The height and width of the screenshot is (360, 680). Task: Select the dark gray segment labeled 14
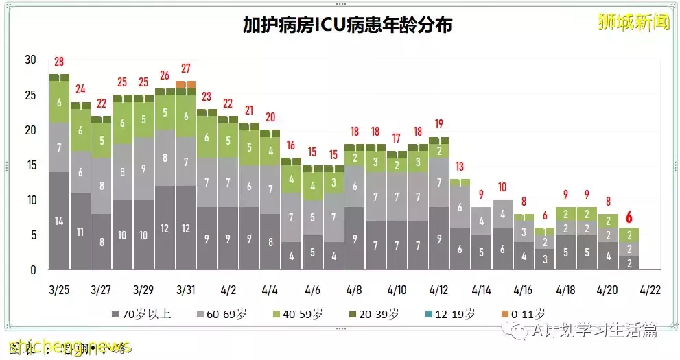pyautogui.click(x=59, y=221)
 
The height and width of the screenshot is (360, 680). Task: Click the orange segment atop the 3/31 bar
pyautogui.click(x=185, y=84)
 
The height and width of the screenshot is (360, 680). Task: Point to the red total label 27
pyautogui.click(x=185, y=69)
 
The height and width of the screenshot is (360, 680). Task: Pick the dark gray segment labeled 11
pyautogui.click(x=80, y=232)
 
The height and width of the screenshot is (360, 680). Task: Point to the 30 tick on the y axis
pyautogui.click(x=30, y=60)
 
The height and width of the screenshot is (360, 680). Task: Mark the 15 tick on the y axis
pyautogui.click(x=30, y=165)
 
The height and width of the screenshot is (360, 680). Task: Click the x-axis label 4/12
pyautogui.click(x=438, y=289)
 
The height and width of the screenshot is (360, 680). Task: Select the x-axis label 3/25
pyautogui.click(x=59, y=289)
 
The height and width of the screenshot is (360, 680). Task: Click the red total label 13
pyautogui.click(x=460, y=167)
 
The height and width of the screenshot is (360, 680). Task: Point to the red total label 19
pyautogui.click(x=438, y=125)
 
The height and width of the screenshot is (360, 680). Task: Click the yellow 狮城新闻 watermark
pyautogui.click(x=633, y=21)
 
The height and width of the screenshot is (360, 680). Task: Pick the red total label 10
pyautogui.click(x=502, y=187)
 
